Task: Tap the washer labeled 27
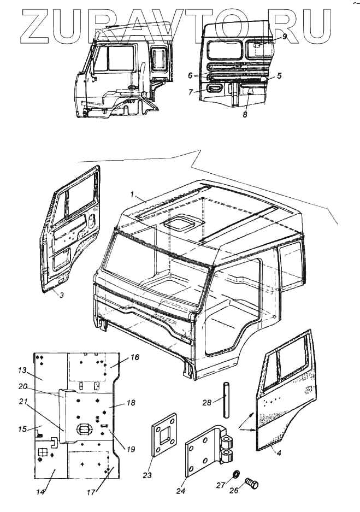[237, 473]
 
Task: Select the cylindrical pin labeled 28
[225, 401]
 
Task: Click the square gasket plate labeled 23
[164, 436]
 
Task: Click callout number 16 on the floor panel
[134, 357]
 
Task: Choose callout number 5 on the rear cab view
[279, 76]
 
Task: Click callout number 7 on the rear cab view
[191, 92]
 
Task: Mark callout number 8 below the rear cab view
[245, 115]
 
